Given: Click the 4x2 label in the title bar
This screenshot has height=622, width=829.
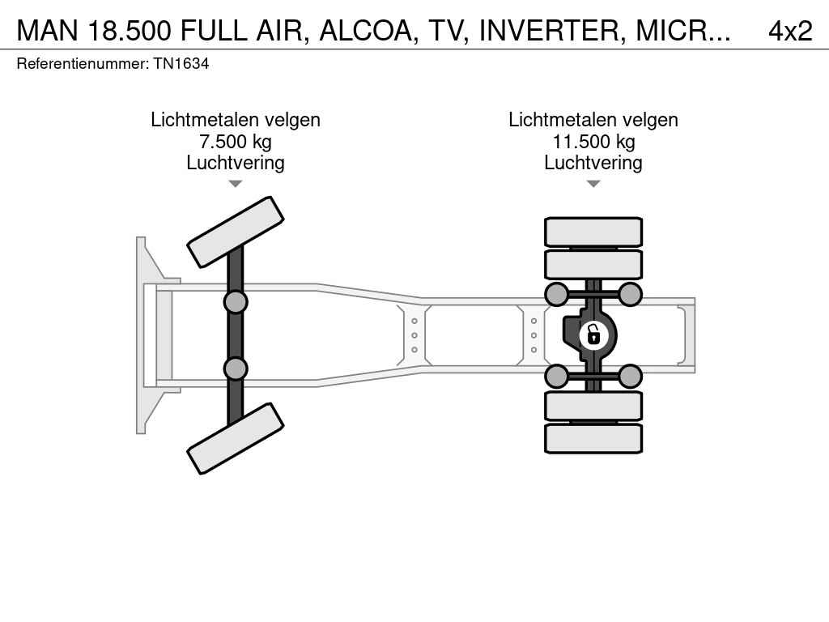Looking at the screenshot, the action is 790,32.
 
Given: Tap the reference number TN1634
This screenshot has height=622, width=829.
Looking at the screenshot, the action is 181,64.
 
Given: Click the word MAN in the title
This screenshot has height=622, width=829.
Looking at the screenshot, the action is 48,32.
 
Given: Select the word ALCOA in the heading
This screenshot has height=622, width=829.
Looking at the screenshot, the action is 368,32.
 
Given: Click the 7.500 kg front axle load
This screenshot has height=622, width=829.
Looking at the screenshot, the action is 236,142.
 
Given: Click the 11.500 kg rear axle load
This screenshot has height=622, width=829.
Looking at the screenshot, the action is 593,142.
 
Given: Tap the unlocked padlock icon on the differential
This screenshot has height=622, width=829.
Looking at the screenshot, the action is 593,335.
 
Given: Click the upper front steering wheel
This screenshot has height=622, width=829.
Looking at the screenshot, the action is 236,232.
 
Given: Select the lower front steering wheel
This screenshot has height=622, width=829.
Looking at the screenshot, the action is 236,438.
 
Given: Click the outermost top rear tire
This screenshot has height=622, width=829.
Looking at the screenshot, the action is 593,232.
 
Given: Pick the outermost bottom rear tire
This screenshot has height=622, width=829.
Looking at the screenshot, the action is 593,438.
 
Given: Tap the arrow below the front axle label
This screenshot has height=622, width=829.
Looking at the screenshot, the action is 236,184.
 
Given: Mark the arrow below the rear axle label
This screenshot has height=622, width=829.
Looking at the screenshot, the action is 593,184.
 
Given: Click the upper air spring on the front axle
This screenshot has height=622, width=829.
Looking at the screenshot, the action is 236,302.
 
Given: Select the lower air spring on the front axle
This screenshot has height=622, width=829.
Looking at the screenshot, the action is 236,369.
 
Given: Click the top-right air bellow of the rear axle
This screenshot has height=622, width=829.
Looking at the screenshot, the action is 630,294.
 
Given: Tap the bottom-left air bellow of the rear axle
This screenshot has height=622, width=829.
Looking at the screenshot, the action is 557,377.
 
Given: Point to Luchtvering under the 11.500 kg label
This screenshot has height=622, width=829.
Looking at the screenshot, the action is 593,163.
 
